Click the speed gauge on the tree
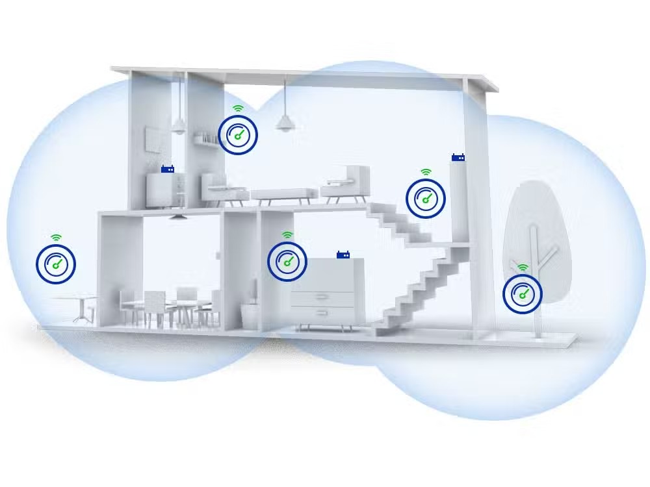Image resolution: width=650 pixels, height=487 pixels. click(523, 294)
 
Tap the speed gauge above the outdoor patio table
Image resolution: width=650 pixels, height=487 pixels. click(56, 264)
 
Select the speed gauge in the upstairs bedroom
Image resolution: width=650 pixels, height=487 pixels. click(238, 135)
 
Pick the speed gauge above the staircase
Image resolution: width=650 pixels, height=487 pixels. click(426, 199)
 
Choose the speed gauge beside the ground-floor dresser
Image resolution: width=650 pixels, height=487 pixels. click(287, 261)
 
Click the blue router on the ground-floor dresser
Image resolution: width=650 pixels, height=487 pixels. click(344, 255)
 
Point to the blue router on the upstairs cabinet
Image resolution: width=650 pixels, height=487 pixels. click(168, 169)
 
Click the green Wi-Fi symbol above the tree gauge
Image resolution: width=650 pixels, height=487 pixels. click(523, 268)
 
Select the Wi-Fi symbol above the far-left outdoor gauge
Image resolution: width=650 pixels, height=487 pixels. click(56, 238)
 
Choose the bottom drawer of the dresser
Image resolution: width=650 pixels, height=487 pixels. click(322, 315)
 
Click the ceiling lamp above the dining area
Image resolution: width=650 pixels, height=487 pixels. click(177, 216)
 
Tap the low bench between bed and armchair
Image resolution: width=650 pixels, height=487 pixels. click(285, 194)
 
